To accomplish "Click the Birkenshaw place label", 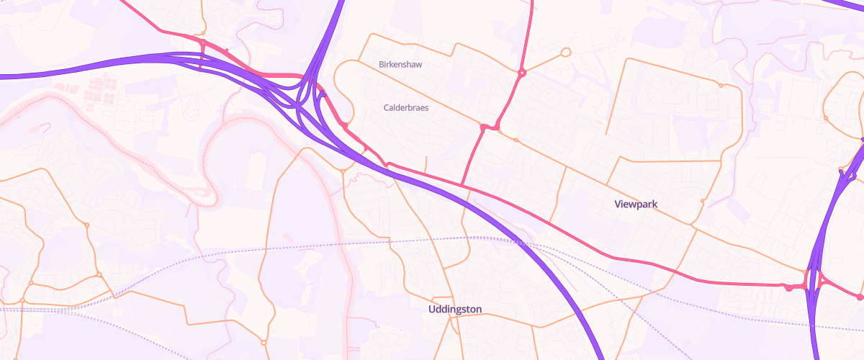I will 400,64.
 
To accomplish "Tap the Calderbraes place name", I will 406,107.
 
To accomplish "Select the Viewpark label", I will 636,204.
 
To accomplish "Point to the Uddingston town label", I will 454,310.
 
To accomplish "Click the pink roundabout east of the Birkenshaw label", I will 521,72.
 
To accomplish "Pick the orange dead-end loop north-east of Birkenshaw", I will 565,52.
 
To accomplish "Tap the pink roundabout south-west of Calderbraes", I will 345,126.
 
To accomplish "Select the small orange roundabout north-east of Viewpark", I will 721,86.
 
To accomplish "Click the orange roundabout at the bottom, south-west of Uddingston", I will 264,342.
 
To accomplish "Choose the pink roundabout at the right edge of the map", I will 860,297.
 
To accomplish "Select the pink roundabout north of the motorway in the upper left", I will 202,45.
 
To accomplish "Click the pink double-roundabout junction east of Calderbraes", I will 490,128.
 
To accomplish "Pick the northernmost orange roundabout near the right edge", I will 827,117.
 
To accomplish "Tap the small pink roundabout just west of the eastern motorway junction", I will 789,288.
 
